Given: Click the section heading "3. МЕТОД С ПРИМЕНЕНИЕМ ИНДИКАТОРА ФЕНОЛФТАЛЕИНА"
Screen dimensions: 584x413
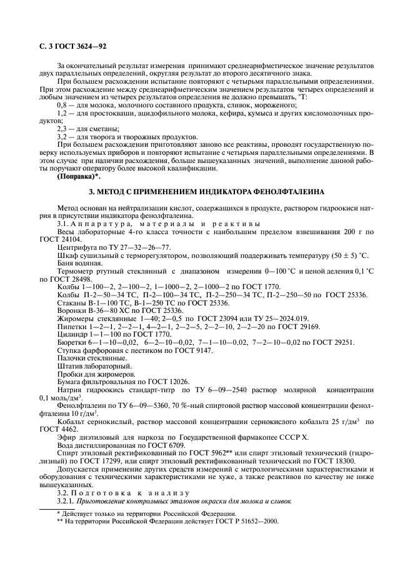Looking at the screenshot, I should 206,192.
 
